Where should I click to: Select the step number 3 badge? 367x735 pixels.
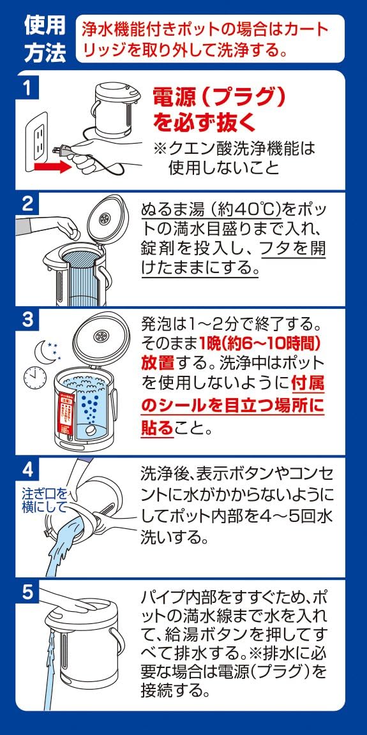tap(27, 321)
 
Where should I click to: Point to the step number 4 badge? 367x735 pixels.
tap(27, 468)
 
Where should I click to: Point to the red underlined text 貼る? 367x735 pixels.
tap(156, 427)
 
